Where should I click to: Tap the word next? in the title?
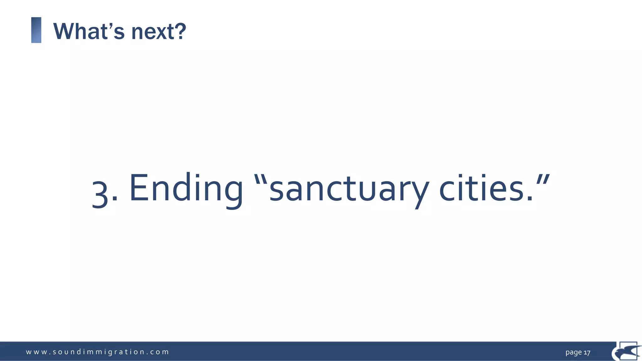[158, 31]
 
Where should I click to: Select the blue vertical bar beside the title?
[36, 30]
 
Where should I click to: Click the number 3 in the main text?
[100, 195]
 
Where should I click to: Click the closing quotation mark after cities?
[543, 180]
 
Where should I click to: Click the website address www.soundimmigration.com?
[97, 352]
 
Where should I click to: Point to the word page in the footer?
[573, 353]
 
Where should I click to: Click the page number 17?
[587, 353]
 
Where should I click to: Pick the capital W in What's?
[65, 31]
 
